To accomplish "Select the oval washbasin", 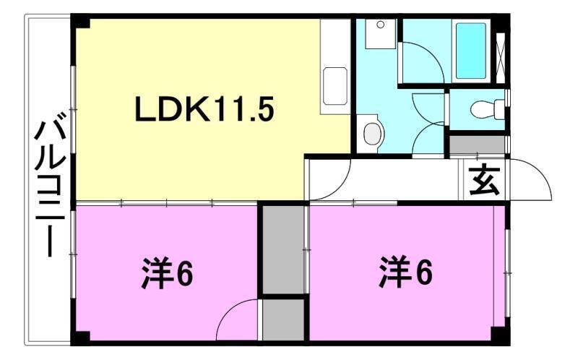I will tap(372, 133).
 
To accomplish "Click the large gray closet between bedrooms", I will tap(284, 249).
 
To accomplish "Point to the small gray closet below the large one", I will tap(283, 320).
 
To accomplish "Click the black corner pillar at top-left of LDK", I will tap(79, 21).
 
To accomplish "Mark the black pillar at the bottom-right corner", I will tap(500, 335).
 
